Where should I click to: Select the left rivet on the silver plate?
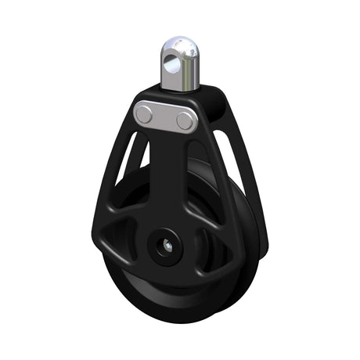click(144, 115)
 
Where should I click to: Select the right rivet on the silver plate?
click(185, 120)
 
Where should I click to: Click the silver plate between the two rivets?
click(164, 117)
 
